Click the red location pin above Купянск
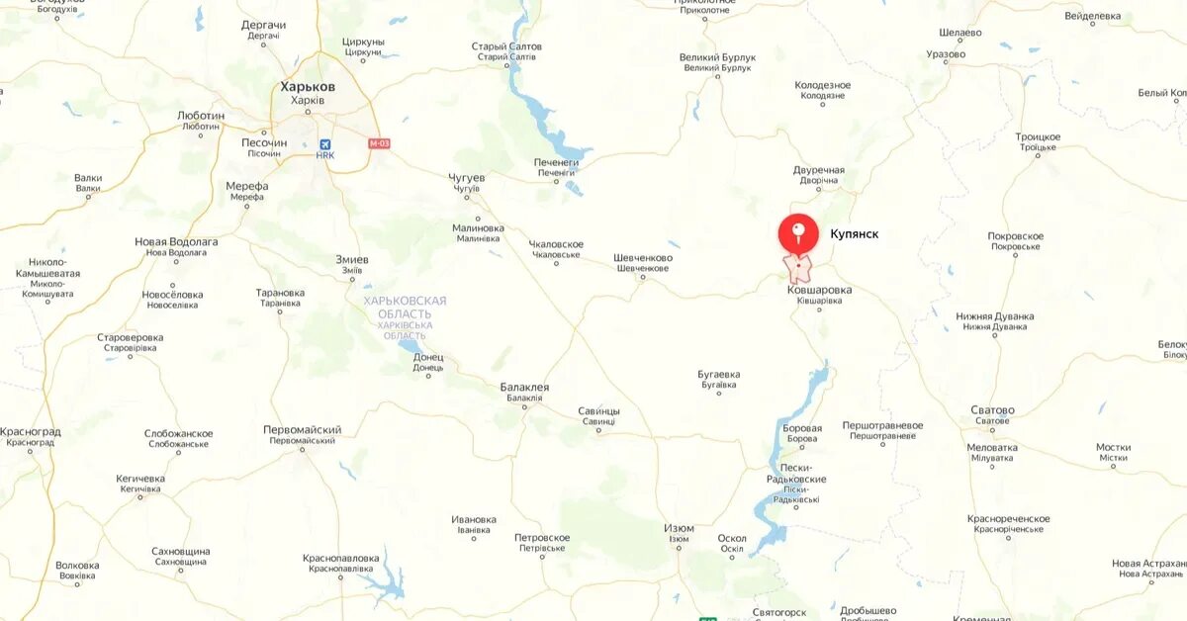798,233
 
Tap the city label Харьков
308,87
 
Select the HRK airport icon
325,143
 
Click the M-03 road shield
379,143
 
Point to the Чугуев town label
468,178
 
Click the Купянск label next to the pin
855,234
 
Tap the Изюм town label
679,528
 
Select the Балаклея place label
524,388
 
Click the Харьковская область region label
405,307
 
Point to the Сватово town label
992,410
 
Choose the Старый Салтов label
507,46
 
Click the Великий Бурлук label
717,57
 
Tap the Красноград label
31,432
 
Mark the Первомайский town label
302,430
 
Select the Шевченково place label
643,258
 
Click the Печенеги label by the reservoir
556,162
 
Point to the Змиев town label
352,260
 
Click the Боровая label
801,428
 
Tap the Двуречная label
819,170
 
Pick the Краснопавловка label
341,559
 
